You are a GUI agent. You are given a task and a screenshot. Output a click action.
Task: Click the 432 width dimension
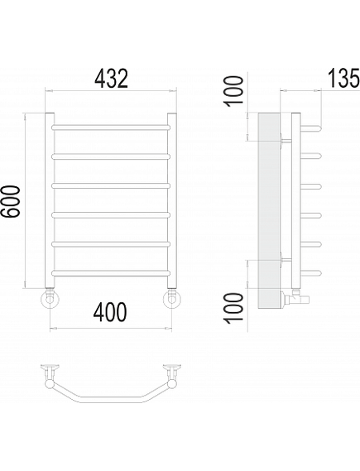(x=111, y=79)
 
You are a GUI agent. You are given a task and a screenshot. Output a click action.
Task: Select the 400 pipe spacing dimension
(x=110, y=312)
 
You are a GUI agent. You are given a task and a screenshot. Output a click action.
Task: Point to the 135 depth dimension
(x=343, y=78)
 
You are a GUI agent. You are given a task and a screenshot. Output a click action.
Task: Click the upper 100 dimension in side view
(x=234, y=91)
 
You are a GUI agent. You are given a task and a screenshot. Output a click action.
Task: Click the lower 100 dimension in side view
(x=234, y=308)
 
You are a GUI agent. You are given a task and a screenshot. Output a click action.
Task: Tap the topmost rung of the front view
(x=111, y=127)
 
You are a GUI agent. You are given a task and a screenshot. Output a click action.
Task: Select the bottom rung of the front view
(x=111, y=273)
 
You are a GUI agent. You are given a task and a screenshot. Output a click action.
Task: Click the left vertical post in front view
(x=50, y=200)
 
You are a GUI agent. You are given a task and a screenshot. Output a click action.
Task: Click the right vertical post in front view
(x=172, y=200)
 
